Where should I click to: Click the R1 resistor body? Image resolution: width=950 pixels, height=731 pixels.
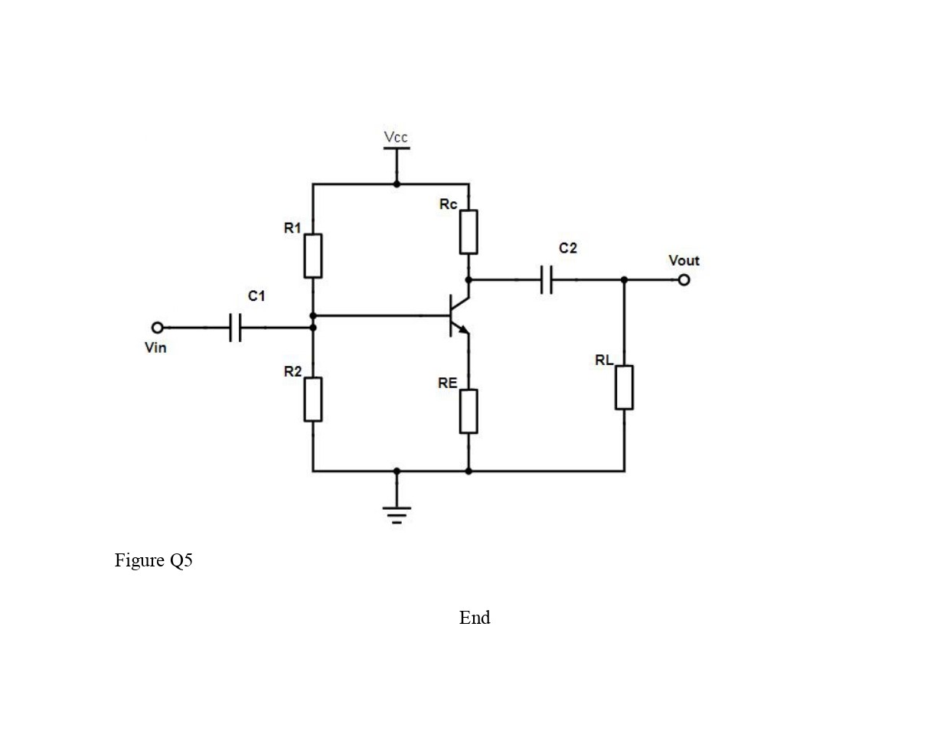pyautogui.click(x=312, y=256)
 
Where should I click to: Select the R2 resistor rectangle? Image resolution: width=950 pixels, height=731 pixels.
pyautogui.click(x=312, y=399)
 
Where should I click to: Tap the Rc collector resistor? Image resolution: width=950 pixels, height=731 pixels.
pyautogui.click(x=468, y=232)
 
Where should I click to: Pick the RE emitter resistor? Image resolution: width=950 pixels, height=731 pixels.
pyautogui.click(x=468, y=411)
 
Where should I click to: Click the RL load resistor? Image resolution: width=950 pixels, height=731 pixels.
pyautogui.click(x=624, y=387)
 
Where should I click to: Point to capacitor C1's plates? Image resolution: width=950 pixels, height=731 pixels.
pyautogui.click(x=236, y=328)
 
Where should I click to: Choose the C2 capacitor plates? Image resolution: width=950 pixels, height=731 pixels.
pyautogui.click(x=546, y=280)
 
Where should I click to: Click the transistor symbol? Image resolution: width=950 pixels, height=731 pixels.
pyautogui.click(x=457, y=315)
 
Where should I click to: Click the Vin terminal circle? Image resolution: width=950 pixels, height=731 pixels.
pyautogui.click(x=157, y=328)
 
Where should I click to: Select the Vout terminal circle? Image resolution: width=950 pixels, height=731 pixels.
pyautogui.click(x=684, y=280)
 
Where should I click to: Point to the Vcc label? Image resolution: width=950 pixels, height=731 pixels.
pyautogui.click(x=396, y=137)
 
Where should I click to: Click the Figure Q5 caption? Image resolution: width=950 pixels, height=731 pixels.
pyautogui.click(x=154, y=560)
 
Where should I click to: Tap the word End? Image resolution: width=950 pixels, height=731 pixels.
pyautogui.click(x=475, y=618)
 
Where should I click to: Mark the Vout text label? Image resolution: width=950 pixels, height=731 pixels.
pyautogui.click(x=684, y=260)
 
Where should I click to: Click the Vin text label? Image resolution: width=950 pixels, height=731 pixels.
pyautogui.click(x=155, y=348)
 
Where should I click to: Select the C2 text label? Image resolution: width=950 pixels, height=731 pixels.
pyautogui.click(x=568, y=248)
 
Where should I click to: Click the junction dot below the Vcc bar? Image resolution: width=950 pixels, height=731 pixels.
pyautogui.click(x=397, y=184)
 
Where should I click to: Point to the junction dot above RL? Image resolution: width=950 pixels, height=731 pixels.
pyautogui.click(x=624, y=280)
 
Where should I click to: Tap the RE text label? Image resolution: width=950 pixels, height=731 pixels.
pyautogui.click(x=448, y=383)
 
